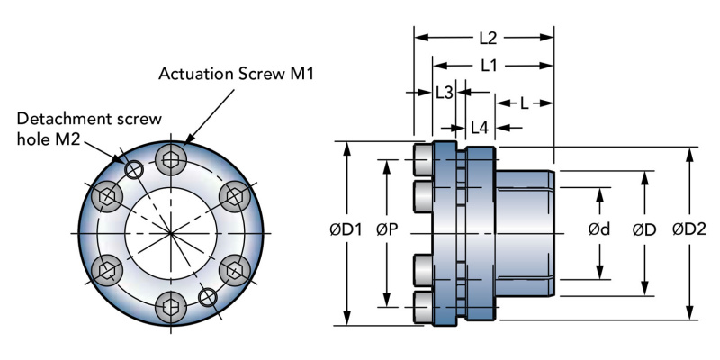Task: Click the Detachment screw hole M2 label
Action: pos(88,128)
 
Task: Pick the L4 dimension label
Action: pos(479,128)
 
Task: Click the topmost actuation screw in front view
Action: pos(171,161)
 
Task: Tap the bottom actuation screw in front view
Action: pos(171,301)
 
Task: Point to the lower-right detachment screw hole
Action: pos(208,296)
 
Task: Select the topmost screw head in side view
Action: pos(424,160)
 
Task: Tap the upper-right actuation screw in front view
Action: pos(234,193)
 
